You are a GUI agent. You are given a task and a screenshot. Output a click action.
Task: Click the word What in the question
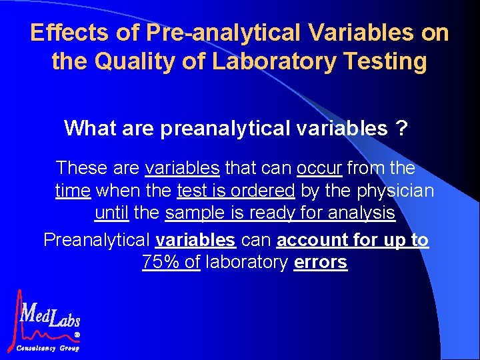pos(90,128)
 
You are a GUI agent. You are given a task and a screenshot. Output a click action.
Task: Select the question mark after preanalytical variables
pos(402,128)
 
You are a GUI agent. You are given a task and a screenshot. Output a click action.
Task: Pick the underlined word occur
pos(319,167)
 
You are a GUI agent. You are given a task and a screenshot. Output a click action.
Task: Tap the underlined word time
pos(73,191)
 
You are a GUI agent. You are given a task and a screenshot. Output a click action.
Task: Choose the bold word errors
pos(320,262)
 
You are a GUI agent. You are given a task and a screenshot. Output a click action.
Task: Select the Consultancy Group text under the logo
pos(47,348)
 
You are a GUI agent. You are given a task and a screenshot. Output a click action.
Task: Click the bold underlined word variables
pos(195,239)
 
